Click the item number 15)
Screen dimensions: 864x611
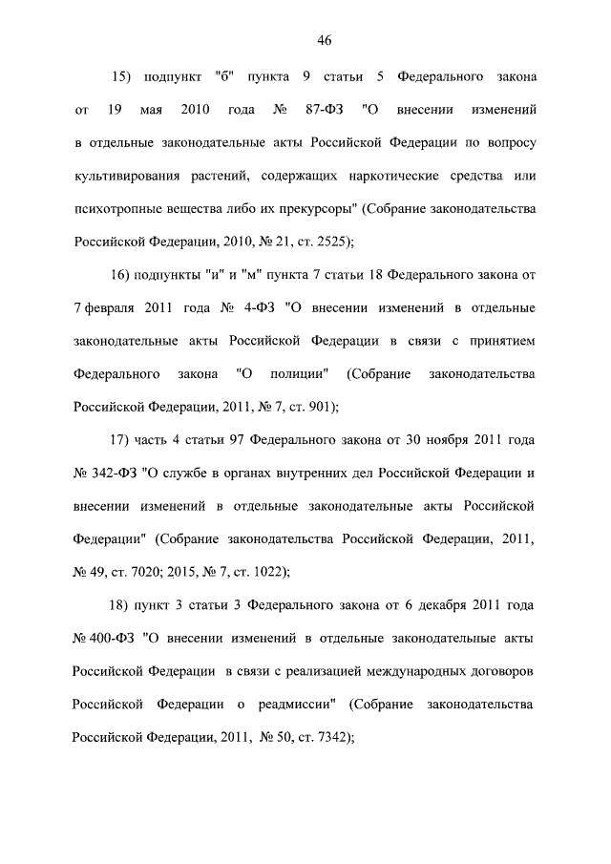point(126,75)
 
